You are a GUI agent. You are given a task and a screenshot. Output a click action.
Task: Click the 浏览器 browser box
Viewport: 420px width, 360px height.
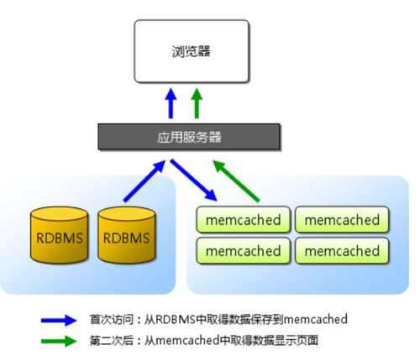click(192, 51)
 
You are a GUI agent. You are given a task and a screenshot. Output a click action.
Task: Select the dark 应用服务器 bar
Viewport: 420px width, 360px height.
click(189, 137)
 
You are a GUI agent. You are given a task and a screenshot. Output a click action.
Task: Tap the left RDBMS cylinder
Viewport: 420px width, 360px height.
click(60, 235)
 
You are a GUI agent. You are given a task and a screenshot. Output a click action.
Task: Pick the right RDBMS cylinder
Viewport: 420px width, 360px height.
click(126, 235)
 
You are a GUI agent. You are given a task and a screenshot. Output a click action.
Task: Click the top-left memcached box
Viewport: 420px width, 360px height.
click(243, 220)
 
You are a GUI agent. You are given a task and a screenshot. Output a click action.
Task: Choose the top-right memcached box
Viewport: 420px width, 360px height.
click(342, 220)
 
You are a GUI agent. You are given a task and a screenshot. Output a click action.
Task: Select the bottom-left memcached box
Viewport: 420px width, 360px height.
click(243, 251)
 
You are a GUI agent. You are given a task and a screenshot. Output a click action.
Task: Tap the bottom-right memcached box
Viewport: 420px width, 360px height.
click(342, 251)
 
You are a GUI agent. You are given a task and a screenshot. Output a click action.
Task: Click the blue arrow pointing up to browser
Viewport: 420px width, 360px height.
click(171, 103)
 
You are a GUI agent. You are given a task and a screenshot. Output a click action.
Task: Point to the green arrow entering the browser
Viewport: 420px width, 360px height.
click(197, 103)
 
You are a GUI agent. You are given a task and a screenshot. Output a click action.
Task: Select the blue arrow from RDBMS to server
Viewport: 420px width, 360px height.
click(144, 180)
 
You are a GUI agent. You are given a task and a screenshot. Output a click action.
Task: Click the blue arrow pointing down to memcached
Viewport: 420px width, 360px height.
click(194, 180)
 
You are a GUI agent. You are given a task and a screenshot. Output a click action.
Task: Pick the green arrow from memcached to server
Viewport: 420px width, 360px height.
click(236, 180)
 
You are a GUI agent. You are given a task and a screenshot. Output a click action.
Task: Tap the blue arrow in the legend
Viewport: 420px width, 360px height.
click(59, 321)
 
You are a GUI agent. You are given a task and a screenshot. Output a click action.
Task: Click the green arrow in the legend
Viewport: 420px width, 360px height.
click(59, 341)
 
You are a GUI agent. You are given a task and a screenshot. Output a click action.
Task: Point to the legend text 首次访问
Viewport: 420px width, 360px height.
click(111, 320)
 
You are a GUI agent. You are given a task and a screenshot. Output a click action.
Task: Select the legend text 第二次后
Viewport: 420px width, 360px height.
click(111, 341)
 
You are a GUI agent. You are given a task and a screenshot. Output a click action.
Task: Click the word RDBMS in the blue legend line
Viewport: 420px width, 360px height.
click(175, 320)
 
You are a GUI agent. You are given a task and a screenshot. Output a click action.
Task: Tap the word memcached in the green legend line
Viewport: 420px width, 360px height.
click(187, 341)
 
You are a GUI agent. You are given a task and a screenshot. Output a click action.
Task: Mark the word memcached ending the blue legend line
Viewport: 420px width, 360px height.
click(316, 320)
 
